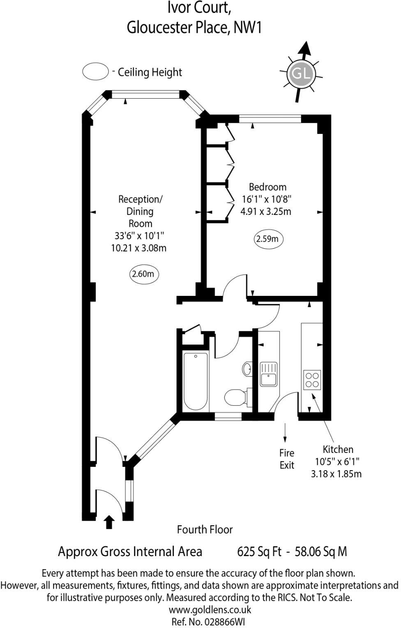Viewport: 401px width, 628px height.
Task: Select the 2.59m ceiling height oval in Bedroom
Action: point(268,239)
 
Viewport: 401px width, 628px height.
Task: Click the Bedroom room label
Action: point(267,187)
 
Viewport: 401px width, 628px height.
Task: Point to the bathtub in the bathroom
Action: point(195,381)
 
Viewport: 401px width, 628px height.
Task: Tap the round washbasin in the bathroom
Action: point(248,369)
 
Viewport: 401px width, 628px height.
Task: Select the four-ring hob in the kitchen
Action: point(312,380)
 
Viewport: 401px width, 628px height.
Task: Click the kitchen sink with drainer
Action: point(269,374)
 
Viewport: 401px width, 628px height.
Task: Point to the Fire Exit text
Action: point(287,459)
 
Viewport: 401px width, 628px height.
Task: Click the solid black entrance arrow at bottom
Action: point(109,522)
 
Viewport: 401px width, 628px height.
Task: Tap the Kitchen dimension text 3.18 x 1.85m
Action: point(336,474)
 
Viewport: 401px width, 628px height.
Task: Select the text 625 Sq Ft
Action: point(259,552)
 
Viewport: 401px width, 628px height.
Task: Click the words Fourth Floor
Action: point(205,529)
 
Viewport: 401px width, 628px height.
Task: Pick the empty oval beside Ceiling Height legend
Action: point(95,72)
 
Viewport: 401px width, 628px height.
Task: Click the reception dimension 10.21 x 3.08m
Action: point(138,248)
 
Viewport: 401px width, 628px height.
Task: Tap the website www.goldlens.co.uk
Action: point(210,610)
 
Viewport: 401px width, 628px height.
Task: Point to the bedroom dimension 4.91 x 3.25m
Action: point(265,212)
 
